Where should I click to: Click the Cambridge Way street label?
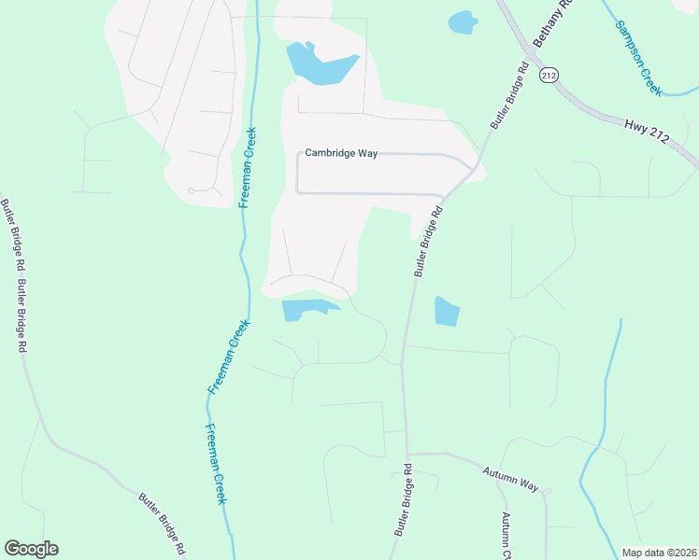341,153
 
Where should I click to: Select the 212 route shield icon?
549,75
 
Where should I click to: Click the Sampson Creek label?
638,56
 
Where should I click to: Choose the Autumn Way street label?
511,480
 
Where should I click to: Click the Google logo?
31,549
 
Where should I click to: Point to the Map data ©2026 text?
659,553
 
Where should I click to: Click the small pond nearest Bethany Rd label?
462,21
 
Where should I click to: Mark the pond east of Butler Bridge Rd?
447,312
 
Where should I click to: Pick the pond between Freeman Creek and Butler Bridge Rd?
307,309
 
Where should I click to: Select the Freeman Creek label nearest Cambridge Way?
250,166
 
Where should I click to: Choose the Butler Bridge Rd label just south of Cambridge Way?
428,241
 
